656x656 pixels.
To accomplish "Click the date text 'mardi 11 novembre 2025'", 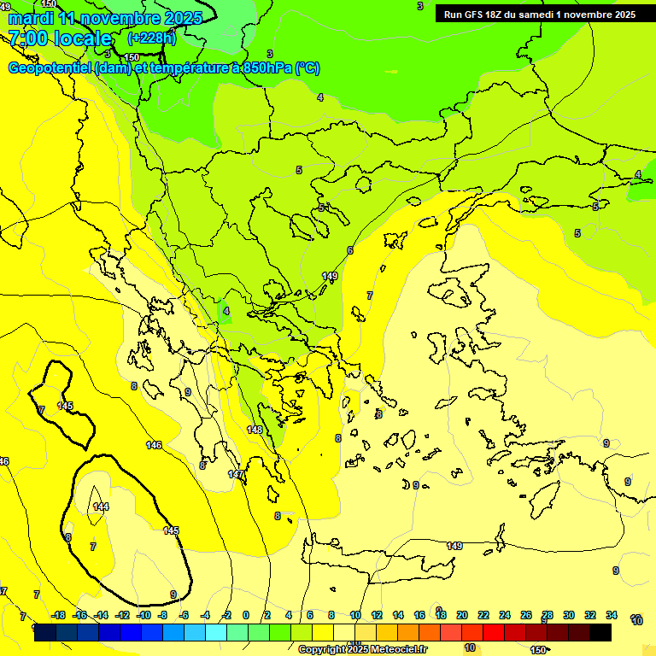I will pos(105,18).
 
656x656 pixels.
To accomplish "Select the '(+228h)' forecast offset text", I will pos(151,38).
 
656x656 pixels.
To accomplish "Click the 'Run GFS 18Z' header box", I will pos(540,14).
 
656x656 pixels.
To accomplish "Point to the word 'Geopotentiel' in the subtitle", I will pos(50,68).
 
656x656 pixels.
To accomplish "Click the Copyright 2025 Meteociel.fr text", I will pos(361,649).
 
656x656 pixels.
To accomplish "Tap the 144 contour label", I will pos(101,507).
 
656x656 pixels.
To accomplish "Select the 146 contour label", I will pos(154,445).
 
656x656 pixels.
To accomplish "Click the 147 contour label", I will pos(236,474).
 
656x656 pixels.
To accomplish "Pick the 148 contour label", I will pos(255,430).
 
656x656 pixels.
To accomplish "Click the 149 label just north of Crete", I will pos(454,546).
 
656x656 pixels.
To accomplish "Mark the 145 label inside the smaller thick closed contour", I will pos(65,406).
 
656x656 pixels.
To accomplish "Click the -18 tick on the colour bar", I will pos(58,615).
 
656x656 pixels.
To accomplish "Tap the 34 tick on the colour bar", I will pos(612,615).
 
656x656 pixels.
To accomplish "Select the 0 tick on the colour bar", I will pos(246,615).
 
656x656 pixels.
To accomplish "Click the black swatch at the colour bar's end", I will pos(600,633).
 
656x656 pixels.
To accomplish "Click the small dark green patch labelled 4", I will pos(225,312).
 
